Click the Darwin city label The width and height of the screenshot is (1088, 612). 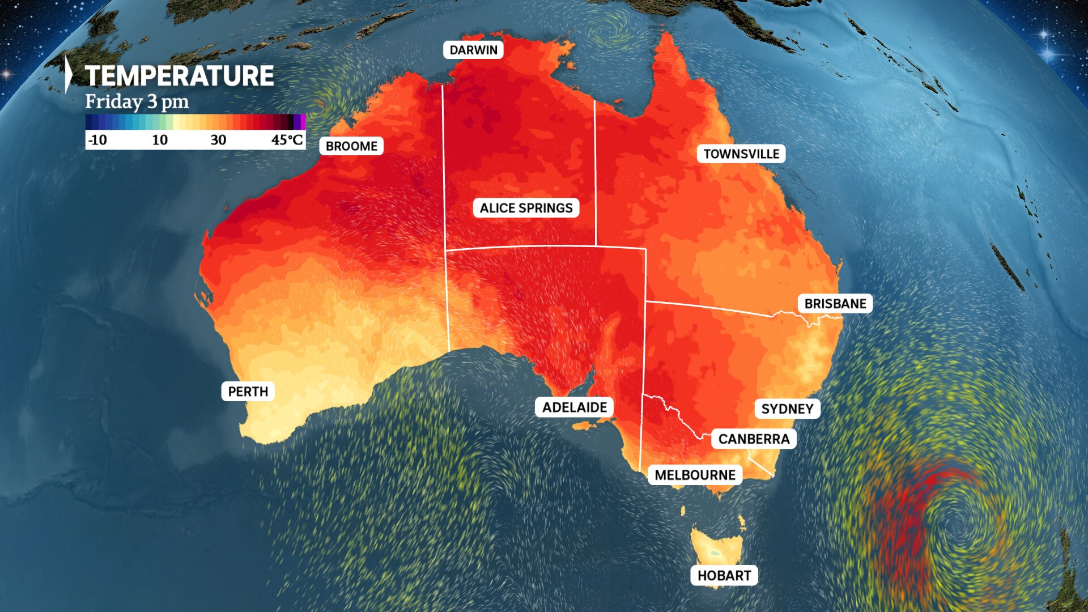pyautogui.click(x=473, y=50)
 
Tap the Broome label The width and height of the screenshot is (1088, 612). pyautogui.click(x=351, y=146)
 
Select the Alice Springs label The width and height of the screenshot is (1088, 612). pyautogui.click(x=526, y=208)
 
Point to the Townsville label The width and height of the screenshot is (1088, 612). pyautogui.click(x=741, y=154)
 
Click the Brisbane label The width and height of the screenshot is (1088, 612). pyautogui.click(x=835, y=304)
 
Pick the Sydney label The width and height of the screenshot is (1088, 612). pyautogui.click(x=787, y=409)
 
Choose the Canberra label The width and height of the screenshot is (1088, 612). pyautogui.click(x=754, y=439)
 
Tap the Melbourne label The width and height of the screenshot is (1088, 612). pyautogui.click(x=695, y=475)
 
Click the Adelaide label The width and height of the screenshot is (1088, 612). pyautogui.click(x=574, y=407)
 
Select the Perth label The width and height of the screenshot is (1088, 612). pyautogui.click(x=248, y=391)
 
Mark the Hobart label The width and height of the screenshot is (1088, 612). pyautogui.click(x=724, y=576)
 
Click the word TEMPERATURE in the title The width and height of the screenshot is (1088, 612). pyautogui.click(x=179, y=76)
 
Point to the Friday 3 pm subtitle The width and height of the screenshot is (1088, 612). pyautogui.click(x=137, y=102)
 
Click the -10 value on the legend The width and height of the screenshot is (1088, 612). pyautogui.click(x=97, y=140)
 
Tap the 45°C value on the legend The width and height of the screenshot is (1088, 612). pyautogui.click(x=287, y=140)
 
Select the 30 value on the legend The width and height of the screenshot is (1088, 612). pyautogui.click(x=218, y=140)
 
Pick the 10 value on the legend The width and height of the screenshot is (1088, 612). pyautogui.click(x=159, y=140)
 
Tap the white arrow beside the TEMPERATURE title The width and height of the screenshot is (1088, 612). pyautogui.click(x=69, y=74)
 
